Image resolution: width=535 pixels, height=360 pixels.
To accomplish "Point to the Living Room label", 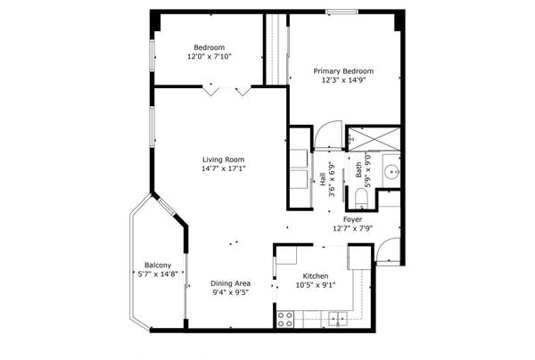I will pyautogui.click(x=222, y=160).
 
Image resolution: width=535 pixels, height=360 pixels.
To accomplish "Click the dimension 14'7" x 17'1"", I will pyautogui.click(x=222, y=169).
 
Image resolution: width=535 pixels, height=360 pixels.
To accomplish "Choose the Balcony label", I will pyautogui.click(x=158, y=265).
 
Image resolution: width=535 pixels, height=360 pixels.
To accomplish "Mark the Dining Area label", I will pyautogui.click(x=230, y=282).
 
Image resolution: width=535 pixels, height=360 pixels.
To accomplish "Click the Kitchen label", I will pyautogui.click(x=317, y=275).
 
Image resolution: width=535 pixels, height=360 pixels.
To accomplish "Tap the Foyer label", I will pyautogui.click(x=352, y=218).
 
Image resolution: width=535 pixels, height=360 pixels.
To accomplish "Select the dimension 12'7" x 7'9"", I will pyautogui.click(x=352, y=228).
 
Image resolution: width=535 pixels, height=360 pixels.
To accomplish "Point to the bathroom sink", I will pyautogui.click(x=391, y=172).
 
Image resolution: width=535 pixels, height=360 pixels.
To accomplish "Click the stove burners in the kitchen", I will pyautogui.click(x=287, y=317).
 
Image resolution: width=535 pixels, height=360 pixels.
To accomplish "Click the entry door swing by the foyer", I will pyautogui.click(x=386, y=252).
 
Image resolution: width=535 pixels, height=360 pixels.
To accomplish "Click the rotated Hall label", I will pyautogui.click(x=322, y=179).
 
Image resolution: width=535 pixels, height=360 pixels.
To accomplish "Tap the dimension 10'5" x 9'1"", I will pyautogui.click(x=317, y=285).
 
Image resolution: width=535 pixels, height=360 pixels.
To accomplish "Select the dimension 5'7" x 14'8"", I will pyautogui.click(x=158, y=274).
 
